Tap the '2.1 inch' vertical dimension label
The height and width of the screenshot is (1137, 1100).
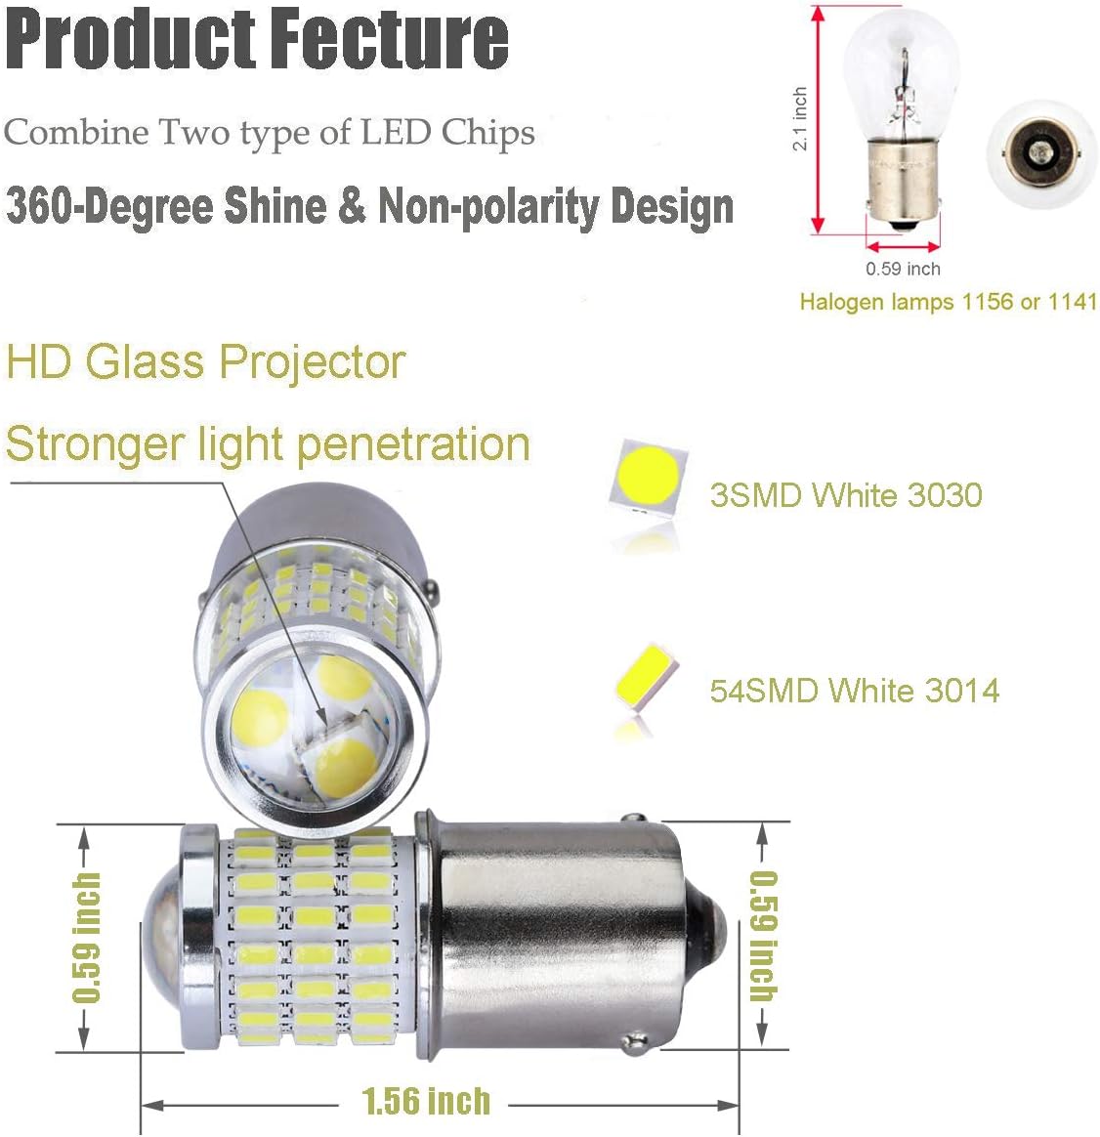[800, 119]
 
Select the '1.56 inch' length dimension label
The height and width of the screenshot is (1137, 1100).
[426, 1101]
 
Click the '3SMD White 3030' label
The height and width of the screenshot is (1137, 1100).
[846, 495]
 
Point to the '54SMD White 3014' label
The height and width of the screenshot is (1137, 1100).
[855, 690]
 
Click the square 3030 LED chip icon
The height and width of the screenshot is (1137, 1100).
[648, 476]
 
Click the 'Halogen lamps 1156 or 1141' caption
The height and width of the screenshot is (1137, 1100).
[949, 302]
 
